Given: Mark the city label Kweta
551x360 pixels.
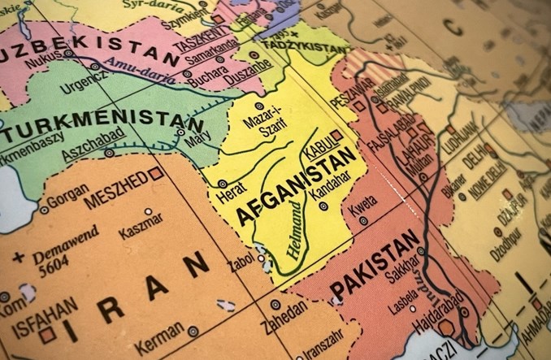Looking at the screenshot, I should [358, 211].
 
